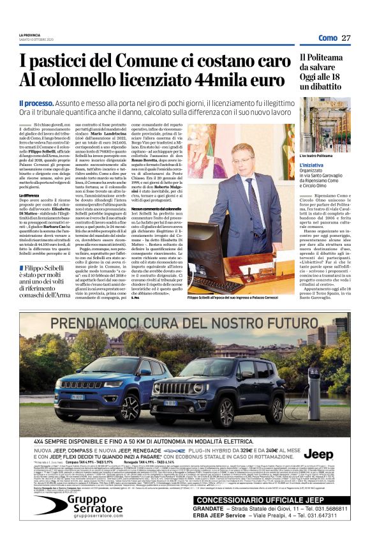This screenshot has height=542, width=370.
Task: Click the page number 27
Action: [346, 38]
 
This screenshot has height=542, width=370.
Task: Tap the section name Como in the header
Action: [327, 38]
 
